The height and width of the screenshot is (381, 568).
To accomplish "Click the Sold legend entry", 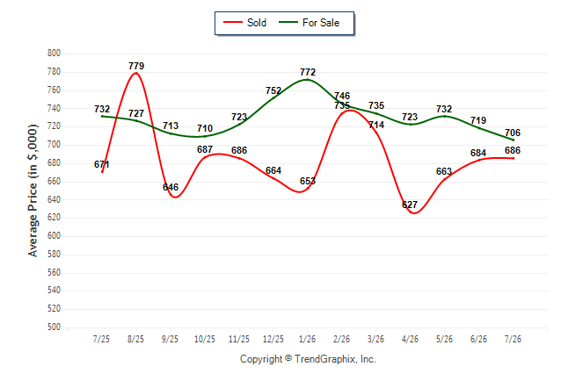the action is point(245,23).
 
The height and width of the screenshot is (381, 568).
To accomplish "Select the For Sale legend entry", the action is point(309,23).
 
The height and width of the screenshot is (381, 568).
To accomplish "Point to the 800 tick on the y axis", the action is point(54,54).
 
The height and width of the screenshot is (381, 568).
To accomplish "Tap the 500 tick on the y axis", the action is point(54,327).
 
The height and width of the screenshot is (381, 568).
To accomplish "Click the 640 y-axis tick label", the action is point(54,199).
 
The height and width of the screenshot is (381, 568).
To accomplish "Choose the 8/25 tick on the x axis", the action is point(135,339).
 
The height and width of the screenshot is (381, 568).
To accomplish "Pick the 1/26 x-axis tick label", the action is point(307,339).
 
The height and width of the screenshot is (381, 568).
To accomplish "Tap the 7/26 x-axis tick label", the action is point(513,339).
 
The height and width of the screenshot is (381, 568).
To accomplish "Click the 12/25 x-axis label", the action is point(273,339).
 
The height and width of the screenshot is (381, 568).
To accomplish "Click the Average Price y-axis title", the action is point(33,190).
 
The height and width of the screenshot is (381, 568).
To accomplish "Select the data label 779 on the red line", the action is point(136,66).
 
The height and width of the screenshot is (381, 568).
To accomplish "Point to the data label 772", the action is point(308,72).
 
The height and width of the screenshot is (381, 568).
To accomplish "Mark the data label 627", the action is point(410,205).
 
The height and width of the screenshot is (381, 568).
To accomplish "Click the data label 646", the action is point(171,187).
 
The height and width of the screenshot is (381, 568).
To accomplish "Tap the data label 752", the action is point(273,90).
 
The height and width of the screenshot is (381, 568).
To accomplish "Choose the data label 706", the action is point(513,133).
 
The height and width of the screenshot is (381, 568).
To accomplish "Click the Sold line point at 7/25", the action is point(102,171).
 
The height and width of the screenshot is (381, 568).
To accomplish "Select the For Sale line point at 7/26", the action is point(513,140).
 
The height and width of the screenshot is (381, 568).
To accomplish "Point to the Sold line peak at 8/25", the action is point(136,73).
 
